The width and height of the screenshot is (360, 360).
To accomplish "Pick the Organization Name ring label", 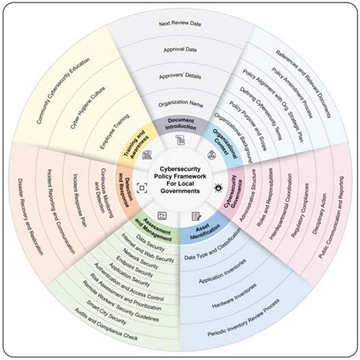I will click(180, 101).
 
